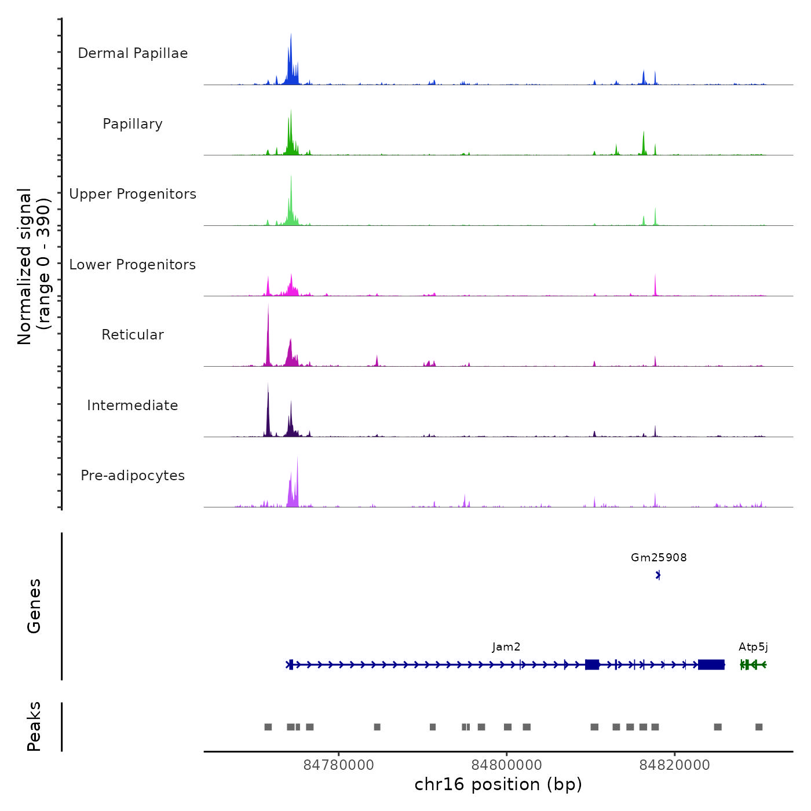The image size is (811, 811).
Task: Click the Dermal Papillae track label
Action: pos(133,53)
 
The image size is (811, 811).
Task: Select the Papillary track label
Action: pos(133,124)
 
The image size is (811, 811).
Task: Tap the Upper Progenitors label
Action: pos(133,194)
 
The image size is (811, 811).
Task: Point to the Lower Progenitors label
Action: pos(133,265)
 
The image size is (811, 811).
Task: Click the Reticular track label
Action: pos(133,335)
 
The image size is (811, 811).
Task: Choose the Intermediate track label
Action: pos(133,405)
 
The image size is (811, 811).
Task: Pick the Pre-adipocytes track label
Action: pos(133,476)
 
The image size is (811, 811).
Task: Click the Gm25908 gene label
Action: pos(659,558)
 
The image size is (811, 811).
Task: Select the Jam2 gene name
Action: pos(506,647)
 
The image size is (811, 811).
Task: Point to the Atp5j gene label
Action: pos(753,647)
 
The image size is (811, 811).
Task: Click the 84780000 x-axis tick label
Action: pos(339,765)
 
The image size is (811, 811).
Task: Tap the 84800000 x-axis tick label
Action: pos(507,765)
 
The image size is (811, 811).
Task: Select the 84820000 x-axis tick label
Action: pos(674,765)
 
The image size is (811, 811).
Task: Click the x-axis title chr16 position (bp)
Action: pos(498,784)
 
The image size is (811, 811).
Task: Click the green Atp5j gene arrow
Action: pos(753,664)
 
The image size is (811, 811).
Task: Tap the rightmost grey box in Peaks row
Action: pos(759,727)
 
